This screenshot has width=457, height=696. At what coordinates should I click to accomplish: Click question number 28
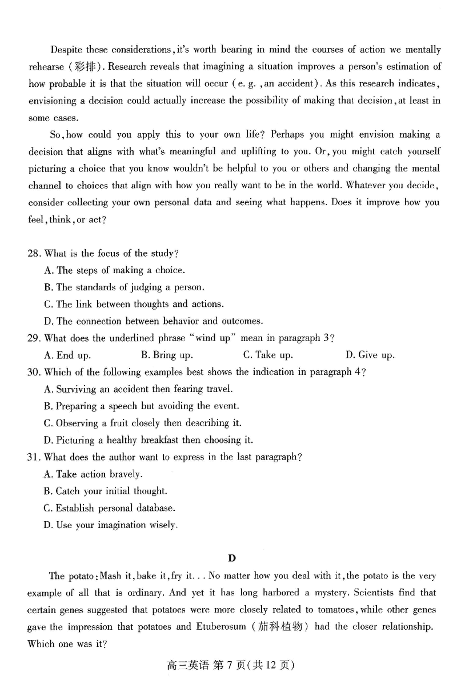click(x=34, y=253)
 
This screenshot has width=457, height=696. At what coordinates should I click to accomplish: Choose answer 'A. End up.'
click(x=67, y=355)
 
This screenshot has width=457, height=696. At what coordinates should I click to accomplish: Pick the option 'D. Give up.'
click(x=370, y=355)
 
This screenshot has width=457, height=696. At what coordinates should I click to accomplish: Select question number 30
click(x=34, y=372)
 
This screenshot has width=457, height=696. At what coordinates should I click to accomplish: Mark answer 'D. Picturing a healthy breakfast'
click(x=148, y=440)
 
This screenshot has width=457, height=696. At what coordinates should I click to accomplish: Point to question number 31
click(x=34, y=457)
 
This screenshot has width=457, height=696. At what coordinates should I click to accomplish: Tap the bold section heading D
click(x=231, y=558)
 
